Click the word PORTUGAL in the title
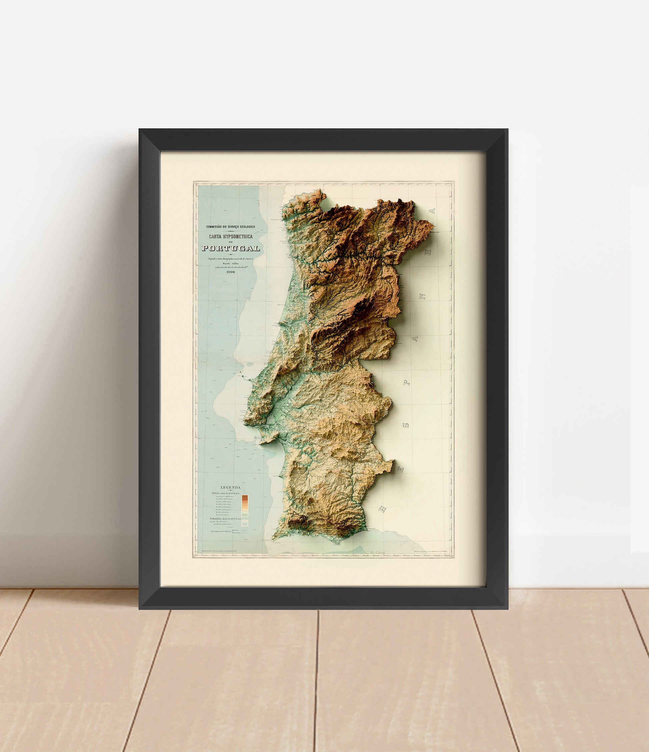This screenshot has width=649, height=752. click(231, 248)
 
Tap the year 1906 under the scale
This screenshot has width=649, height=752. click(230, 272)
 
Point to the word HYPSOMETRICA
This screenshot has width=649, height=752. click(238, 237)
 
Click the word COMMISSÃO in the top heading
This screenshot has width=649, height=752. click(215, 227)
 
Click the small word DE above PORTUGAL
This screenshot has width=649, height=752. click(230, 242)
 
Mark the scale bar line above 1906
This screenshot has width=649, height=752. click(231, 267)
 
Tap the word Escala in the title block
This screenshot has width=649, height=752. click(222, 263)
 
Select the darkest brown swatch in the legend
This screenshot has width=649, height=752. click(245, 497)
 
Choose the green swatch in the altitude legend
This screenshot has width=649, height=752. click(245, 515)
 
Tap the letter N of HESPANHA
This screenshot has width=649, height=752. click(422, 297)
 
